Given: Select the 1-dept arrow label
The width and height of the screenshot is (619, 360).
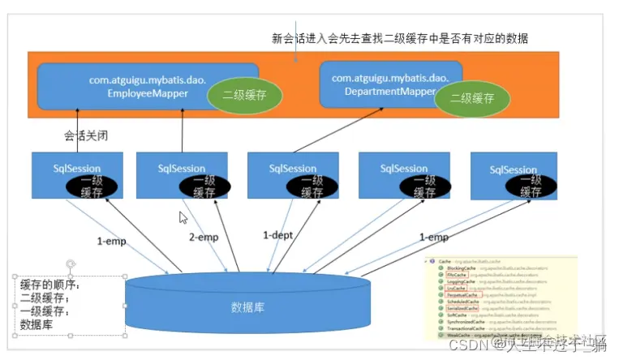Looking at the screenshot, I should [278, 235].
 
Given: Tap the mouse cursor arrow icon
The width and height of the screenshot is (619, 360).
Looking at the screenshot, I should [183, 217].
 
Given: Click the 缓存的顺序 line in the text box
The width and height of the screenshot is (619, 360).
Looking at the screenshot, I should [49, 285].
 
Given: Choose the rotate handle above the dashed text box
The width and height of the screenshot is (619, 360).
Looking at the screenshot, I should [71, 264].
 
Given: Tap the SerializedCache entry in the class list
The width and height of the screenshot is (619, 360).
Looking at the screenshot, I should [461, 309].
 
